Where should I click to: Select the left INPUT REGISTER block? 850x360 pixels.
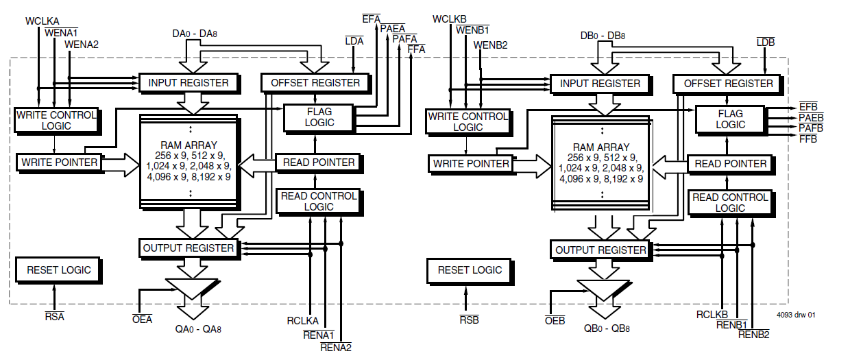click(189, 83)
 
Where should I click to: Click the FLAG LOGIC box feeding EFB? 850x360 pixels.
click(730, 119)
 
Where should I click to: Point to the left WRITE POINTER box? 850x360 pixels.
click(60, 163)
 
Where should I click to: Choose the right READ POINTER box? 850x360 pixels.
click(730, 164)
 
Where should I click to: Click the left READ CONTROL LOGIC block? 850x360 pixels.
click(318, 201)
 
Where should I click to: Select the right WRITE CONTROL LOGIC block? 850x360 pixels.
click(468, 121)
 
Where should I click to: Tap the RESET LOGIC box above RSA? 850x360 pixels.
click(58, 270)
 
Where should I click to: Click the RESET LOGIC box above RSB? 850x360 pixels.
click(470, 270)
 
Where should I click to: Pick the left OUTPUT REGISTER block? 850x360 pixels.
click(189, 248)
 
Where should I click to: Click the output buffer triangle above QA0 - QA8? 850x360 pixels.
click(192, 289)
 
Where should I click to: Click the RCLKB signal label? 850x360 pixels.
click(712, 315)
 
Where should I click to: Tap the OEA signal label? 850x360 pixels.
click(142, 319)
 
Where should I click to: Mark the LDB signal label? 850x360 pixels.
click(765, 43)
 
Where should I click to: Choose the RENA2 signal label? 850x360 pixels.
click(336, 347)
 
